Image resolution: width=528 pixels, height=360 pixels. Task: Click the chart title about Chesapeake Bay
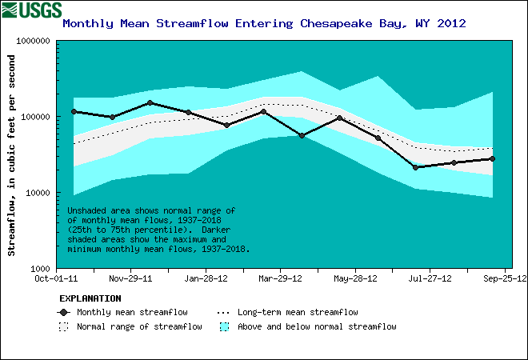tap(264, 23)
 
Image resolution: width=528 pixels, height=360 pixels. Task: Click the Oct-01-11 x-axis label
tap(55, 279)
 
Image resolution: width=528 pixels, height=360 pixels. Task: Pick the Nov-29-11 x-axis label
tap(130, 279)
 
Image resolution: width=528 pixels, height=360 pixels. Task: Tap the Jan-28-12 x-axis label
tap(206, 279)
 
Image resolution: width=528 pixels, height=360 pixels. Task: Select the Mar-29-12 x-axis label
tap(280, 279)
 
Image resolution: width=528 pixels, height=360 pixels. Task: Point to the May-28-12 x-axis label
tap(355, 279)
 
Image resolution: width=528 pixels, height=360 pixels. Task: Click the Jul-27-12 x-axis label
tap(430, 279)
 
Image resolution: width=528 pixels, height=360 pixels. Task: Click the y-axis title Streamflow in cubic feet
tap(12, 155)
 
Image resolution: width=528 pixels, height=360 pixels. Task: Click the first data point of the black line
tap(74, 112)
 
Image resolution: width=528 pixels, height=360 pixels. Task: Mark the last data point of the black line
tap(492, 158)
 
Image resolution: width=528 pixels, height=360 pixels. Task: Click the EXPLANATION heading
tap(86, 298)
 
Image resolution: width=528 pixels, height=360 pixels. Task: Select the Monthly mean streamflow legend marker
tap(64, 312)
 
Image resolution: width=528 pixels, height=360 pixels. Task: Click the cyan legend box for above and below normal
tap(224, 326)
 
